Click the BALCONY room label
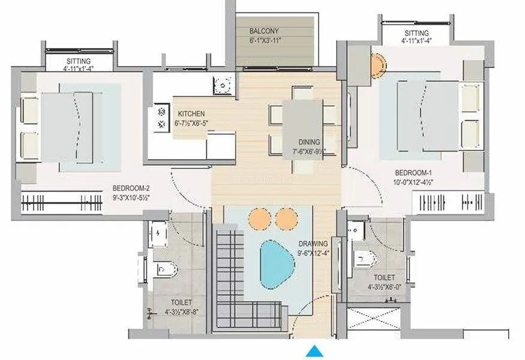click(x=264, y=31)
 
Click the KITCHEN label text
click(x=191, y=113)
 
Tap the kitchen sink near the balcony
click(x=223, y=85)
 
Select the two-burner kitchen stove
click(x=161, y=118)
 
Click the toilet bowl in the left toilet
click(x=166, y=268)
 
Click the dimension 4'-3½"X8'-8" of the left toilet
click(x=177, y=311)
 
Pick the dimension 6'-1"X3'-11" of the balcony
click(x=265, y=40)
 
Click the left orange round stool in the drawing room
click(x=260, y=217)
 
